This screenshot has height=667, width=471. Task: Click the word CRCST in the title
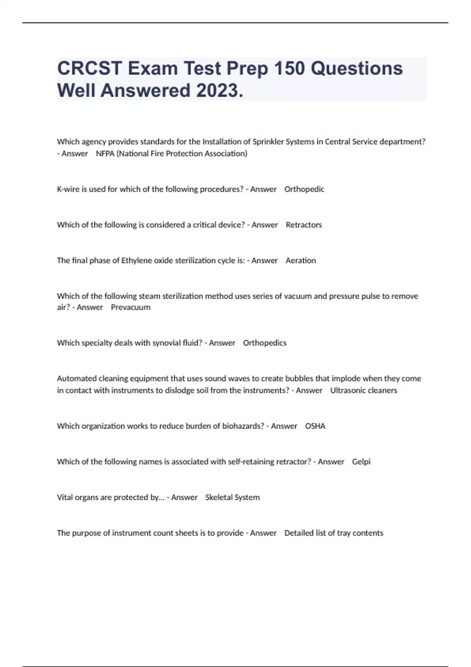tap(89, 68)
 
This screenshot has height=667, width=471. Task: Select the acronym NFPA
tap(105, 153)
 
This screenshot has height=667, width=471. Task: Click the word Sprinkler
tap(268, 142)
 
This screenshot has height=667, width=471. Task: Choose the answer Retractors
tap(304, 225)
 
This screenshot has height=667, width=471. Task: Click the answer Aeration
tap(301, 261)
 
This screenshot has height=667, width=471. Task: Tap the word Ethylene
tap(136, 261)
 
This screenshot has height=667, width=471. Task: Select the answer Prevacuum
tap(131, 307)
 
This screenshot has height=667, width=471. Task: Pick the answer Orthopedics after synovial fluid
tap(265, 343)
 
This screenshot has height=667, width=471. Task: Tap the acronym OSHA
tap(315, 426)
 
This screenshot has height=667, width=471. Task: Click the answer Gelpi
tap(361, 462)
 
